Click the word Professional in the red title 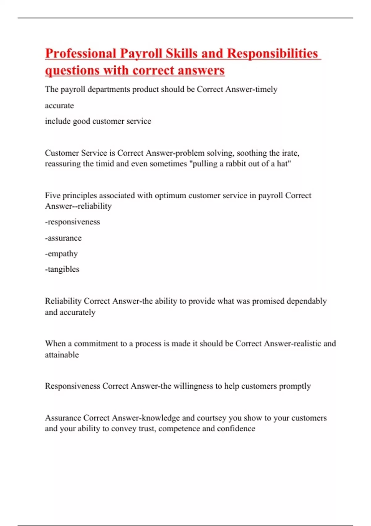click(80, 53)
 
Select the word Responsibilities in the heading click(272, 53)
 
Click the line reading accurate click(59, 106)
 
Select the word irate click(289, 153)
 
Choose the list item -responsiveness click(72, 222)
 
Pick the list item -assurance click(63, 238)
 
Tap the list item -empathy click(61, 254)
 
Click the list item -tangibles click(62, 269)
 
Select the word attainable click(62, 355)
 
